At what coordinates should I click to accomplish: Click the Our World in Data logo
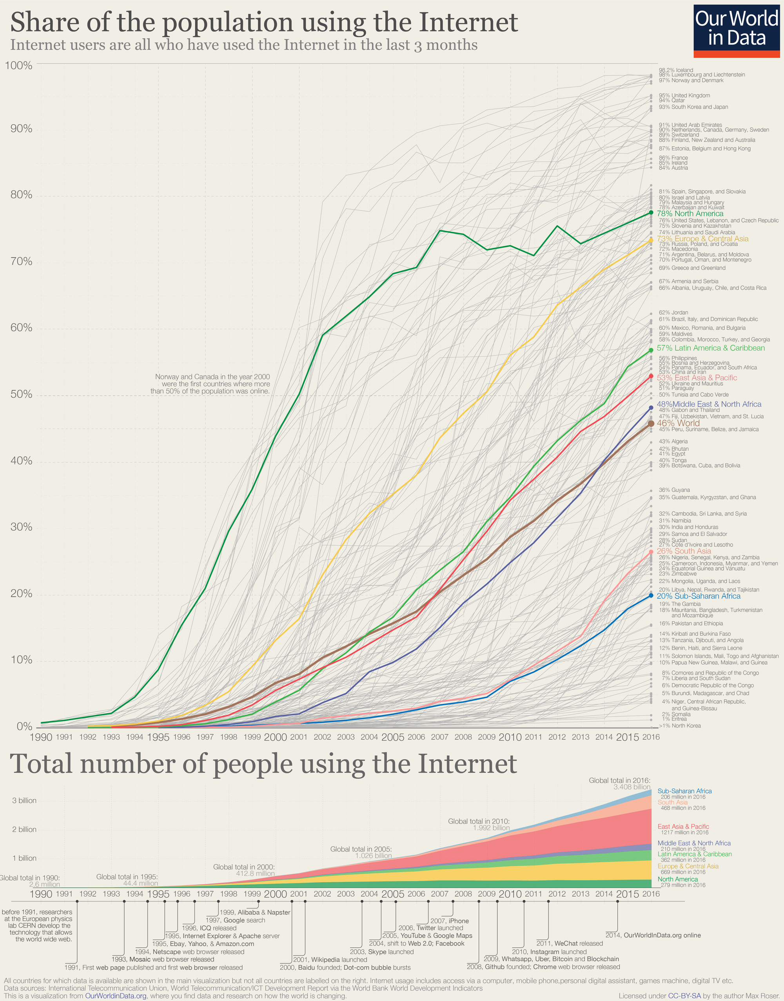(736, 31)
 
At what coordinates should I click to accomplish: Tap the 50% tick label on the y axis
(22, 394)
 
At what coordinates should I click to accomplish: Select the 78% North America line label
(690, 214)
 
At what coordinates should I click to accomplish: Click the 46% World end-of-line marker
(651, 424)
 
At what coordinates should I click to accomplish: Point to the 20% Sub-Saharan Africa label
(698, 596)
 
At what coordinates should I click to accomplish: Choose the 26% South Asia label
(684, 551)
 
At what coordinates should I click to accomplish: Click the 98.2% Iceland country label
(676, 70)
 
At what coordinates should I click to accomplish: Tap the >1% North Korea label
(679, 725)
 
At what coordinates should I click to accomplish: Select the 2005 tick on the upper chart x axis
(392, 737)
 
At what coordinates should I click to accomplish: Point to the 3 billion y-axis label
(24, 800)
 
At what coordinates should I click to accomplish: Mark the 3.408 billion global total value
(632, 787)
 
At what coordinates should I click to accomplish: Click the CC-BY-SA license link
(684, 996)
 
